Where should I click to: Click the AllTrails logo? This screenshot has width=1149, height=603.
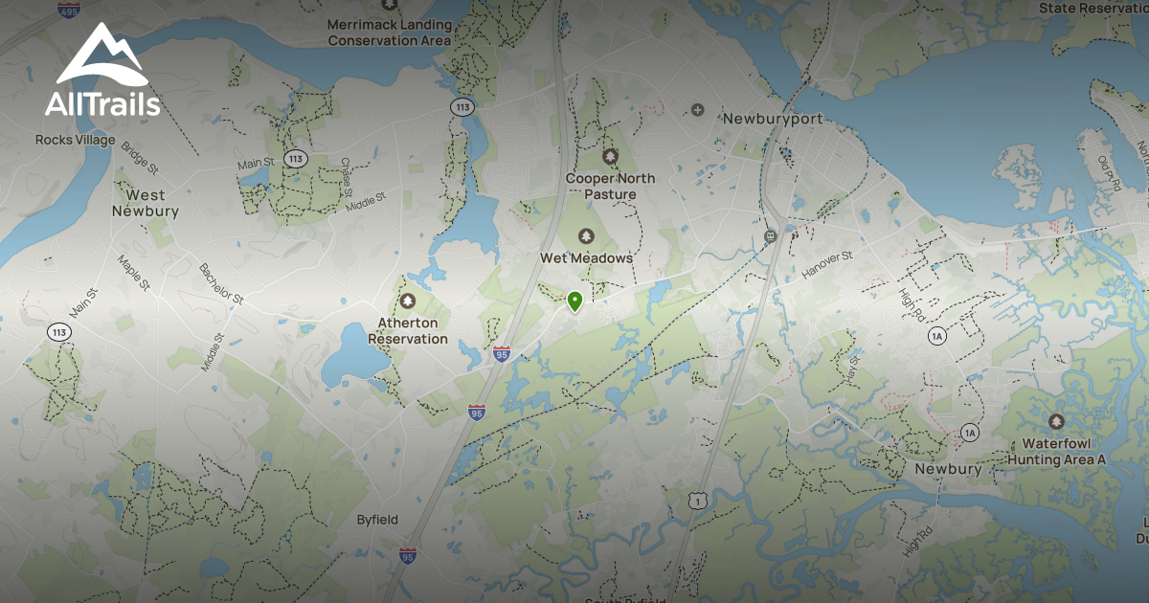point(101,71)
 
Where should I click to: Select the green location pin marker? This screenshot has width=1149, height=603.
point(574,301)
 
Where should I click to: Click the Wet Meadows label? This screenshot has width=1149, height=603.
point(587,258)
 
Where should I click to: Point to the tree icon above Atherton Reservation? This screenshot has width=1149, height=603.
point(408,301)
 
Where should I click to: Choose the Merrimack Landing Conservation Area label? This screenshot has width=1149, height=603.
point(389,33)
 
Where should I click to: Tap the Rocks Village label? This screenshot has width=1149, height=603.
point(75,140)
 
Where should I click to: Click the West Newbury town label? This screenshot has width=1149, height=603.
point(146,203)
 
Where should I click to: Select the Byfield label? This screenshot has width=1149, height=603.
point(377,520)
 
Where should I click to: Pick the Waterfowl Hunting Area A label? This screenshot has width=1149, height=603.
point(1056,452)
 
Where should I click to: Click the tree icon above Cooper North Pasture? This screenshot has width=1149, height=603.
point(610,156)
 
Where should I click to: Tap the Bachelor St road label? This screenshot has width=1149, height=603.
point(221,284)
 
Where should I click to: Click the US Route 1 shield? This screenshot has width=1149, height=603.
point(700,501)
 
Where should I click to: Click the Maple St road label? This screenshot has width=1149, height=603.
point(134,273)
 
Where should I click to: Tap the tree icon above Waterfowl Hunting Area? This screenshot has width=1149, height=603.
point(1056,421)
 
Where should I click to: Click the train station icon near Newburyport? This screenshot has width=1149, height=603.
point(768,235)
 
